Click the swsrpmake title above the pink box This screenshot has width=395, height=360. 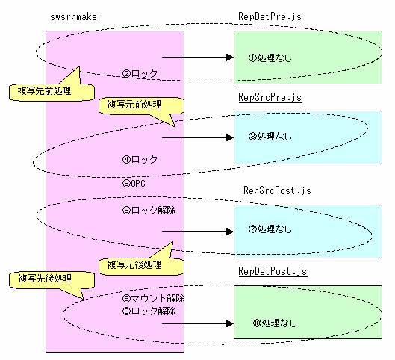(73, 17)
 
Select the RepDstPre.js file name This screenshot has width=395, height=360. (270, 16)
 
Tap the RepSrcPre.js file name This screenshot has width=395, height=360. (270, 97)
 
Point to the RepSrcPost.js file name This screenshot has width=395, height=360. (277, 190)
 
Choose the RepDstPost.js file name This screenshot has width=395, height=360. (273, 271)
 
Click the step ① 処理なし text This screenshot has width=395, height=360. (270, 58)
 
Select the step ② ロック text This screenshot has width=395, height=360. (140, 73)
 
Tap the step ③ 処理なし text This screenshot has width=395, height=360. (270, 136)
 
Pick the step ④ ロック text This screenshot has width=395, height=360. (140, 159)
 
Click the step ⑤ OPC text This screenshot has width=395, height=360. (134, 183)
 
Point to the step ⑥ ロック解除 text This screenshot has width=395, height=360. (149, 210)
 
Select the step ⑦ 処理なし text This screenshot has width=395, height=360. (270, 229)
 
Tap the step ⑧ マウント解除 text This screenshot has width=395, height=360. (153, 299)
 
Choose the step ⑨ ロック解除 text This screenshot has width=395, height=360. (149, 311)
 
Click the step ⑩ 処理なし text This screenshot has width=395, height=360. (275, 323)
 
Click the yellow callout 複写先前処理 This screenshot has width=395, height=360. (52, 91)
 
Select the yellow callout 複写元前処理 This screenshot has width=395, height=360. (141, 106)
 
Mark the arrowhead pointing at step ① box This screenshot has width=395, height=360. (230, 58)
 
